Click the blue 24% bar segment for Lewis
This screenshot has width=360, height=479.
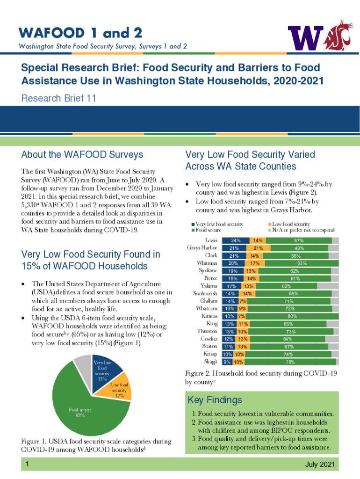pyautogui.click(x=235, y=240)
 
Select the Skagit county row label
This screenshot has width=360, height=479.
pyautogui.click(x=210, y=362)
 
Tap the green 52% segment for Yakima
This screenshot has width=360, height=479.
pyautogui.click(x=286, y=286)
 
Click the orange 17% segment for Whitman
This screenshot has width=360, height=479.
pyautogui.click(x=255, y=263)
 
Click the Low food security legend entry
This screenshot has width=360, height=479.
pyautogui.click(x=291, y=225)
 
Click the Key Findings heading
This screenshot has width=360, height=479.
pyautogui.click(x=215, y=400)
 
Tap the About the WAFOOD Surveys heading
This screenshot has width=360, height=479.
pyautogui.click(x=82, y=154)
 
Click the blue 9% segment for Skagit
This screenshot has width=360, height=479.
pyautogui.click(x=227, y=362)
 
